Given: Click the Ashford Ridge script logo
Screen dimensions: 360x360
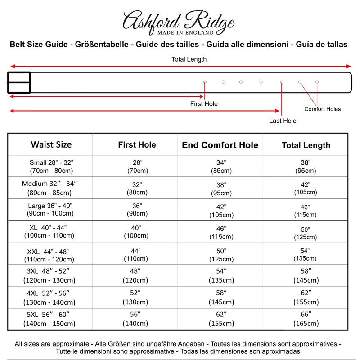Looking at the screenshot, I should click(179, 20).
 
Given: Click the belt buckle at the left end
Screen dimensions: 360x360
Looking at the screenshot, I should click(19, 82).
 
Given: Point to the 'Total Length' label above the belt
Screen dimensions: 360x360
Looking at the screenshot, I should click(189, 59).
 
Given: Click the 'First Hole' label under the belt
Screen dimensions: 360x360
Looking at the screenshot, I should click(204, 104).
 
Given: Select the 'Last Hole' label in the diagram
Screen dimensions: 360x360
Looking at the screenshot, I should click(283, 121).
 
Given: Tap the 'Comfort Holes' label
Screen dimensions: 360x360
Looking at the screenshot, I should click(322, 109).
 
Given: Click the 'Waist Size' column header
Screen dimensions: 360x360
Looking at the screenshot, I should click(51, 144).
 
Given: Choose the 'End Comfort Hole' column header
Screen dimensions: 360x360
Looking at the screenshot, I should click(220, 145).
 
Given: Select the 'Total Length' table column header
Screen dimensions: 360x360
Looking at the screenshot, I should click(306, 145).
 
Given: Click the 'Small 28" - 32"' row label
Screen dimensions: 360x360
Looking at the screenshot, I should click(51, 166).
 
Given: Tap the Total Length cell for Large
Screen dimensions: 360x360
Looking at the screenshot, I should click(306, 210).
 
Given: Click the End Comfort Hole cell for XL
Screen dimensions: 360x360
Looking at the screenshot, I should click(220, 231).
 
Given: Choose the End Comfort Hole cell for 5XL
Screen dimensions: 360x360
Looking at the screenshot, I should click(220, 319).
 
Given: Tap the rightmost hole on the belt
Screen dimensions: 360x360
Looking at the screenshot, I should click(317, 82).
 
